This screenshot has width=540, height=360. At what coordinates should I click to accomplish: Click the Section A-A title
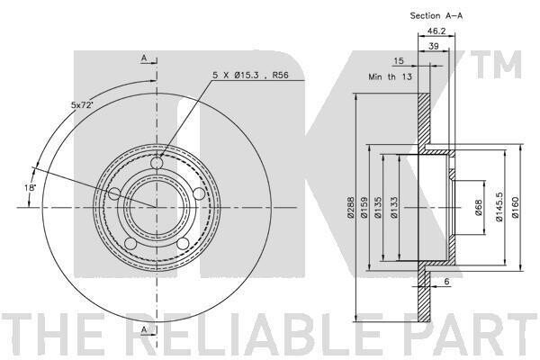436,15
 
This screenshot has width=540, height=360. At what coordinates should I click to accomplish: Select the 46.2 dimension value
436,31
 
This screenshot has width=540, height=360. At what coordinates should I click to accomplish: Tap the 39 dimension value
434,46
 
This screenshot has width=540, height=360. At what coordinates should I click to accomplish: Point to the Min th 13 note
390,76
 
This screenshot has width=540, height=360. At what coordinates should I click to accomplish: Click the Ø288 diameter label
351,207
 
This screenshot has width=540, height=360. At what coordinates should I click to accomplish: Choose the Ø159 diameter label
364,207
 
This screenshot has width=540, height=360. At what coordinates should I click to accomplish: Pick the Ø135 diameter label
378,207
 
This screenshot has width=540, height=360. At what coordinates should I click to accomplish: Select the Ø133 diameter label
394,207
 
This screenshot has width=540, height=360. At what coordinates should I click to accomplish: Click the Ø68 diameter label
479,208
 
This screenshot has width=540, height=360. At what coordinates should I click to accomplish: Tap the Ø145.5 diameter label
499,207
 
